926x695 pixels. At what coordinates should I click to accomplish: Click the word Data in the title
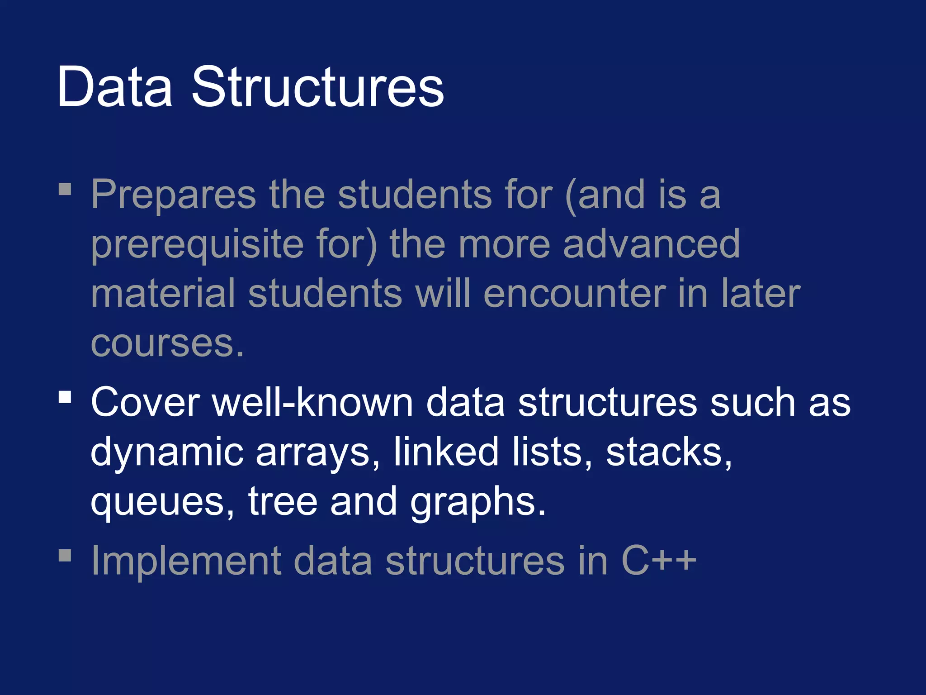pyautogui.click(x=114, y=87)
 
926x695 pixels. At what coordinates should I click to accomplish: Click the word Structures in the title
pyautogui.click(x=318, y=87)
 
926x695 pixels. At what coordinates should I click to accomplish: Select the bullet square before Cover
pyautogui.click(x=65, y=397)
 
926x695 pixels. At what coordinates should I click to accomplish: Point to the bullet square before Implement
pyautogui.click(x=65, y=555)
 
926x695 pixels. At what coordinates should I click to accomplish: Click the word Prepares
pyautogui.click(x=174, y=195)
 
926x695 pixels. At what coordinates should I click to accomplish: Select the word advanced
pyautogui.click(x=651, y=244)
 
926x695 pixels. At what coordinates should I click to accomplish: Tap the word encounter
pyautogui.click(x=574, y=294)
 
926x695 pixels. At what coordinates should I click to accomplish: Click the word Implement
pyautogui.click(x=186, y=561)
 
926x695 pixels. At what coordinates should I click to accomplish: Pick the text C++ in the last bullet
pyautogui.click(x=658, y=561)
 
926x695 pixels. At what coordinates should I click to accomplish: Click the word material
pyautogui.click(x=163, y=294)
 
